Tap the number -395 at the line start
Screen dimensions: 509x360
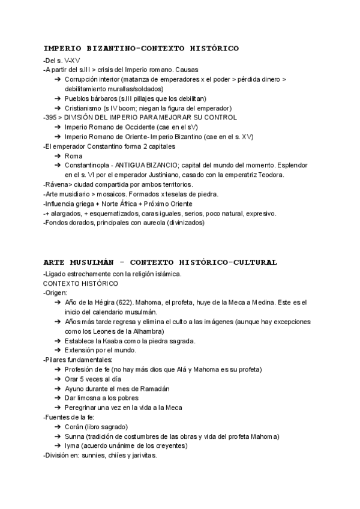[51, 117]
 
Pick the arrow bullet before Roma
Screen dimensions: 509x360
[57, 155]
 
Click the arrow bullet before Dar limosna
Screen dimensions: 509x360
[57, 398]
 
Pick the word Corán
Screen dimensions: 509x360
[74, 427]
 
